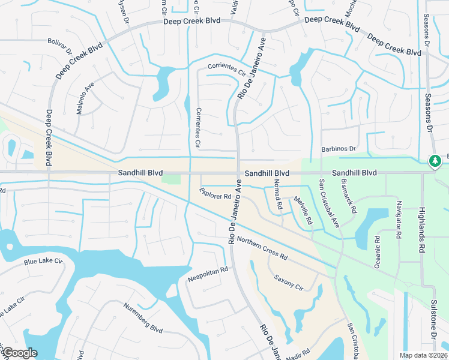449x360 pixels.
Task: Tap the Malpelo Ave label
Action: [x=85, y=93]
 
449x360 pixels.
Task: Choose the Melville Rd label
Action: [x=304, y=211]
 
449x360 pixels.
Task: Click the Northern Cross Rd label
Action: [x=262, y=248]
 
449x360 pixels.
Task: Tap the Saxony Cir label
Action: [x=289, y=281]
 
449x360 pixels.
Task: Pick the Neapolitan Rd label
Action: [x=208, y=274]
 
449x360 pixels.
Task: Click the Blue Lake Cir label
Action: [x=43, y=262]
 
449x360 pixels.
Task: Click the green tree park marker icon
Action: [x=434, y=161]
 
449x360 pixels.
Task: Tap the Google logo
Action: [x=20, y=352]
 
